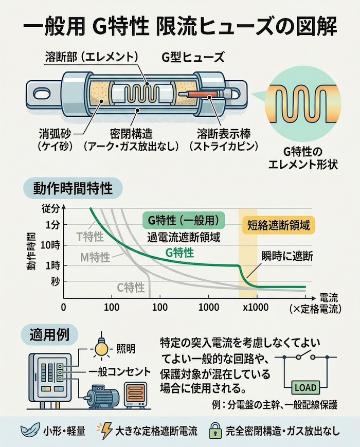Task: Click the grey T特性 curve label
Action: (x=90, y=237)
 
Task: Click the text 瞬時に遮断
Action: (x=287, y=255)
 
